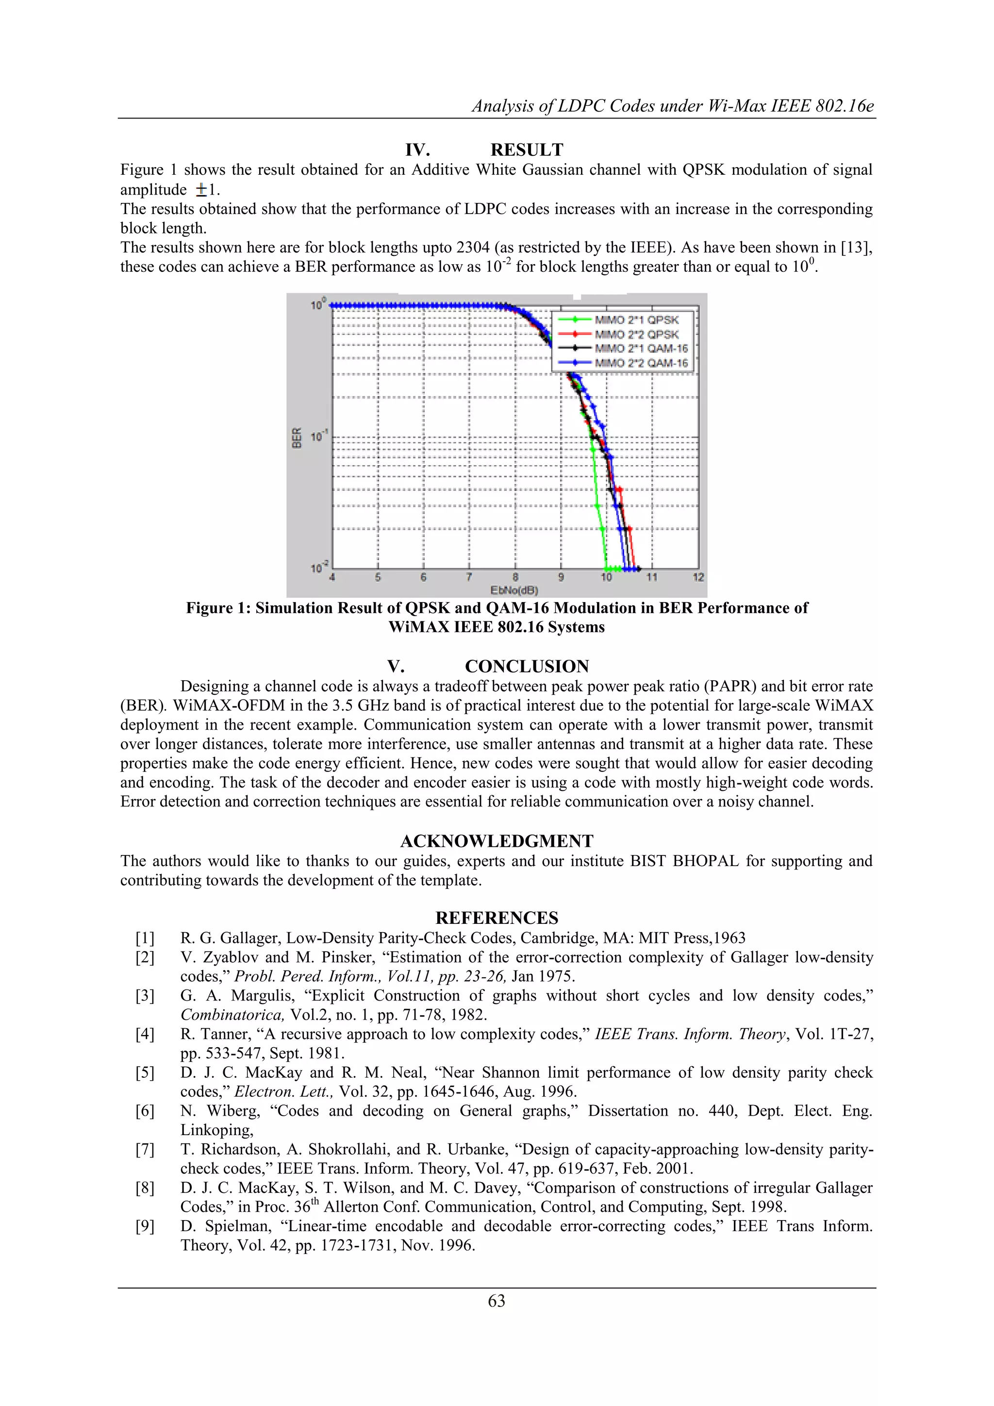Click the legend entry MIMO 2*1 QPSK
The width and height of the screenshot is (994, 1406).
point(637,319)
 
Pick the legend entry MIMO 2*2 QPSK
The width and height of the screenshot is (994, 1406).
point(637,335)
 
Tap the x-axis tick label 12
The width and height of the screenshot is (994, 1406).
point(698,577)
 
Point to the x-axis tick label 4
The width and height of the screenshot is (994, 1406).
point(332,577)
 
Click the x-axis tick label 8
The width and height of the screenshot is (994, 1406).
point(515,577)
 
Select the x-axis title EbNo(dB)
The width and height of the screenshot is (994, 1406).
point(514,590)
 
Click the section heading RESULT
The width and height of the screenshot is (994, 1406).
point(527,150)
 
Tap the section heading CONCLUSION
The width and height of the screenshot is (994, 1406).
point(527,666)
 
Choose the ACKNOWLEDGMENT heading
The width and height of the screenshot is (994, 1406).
point(497,841)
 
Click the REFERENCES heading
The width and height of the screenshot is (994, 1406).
point(497,918)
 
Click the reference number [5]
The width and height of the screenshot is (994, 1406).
point(145,1073)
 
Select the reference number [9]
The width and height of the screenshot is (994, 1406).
point(145,1226)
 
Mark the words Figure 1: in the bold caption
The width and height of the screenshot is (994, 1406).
point(218,608)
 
